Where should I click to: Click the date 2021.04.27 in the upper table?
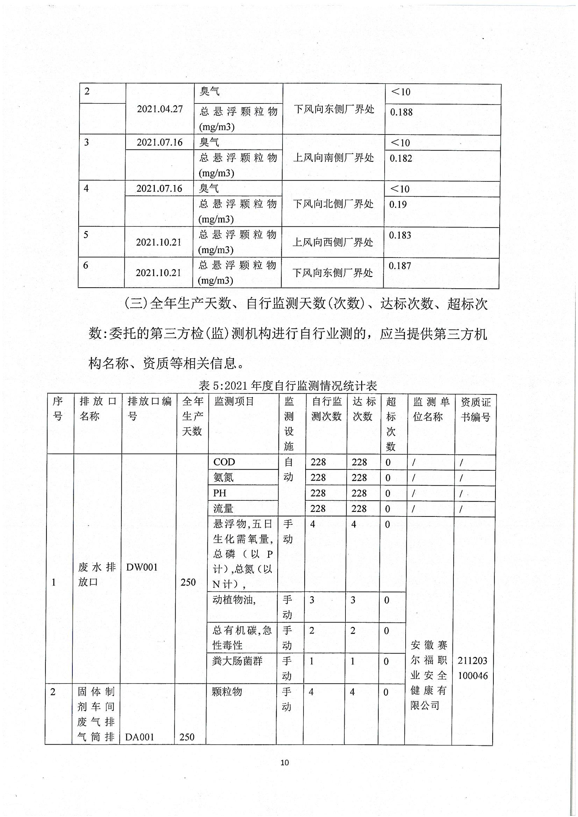point(159,109)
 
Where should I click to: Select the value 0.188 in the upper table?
point(401,112)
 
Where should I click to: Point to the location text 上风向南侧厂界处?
point(333,158)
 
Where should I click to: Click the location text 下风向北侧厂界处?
point(333,204)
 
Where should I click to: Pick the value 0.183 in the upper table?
point(400,235)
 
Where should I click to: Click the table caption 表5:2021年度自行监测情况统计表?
point(288,385)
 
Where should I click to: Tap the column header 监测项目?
point(234,402)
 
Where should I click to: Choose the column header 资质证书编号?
point(476,409)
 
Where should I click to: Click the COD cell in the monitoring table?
point(224,462)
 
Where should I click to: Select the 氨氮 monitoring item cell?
point(223,478)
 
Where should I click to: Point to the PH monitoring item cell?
point(220,493)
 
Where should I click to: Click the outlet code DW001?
point(142,567)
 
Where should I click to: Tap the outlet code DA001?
point(140,737)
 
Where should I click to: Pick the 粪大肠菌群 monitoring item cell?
point(237,661)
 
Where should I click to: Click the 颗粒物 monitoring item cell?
point(227,692)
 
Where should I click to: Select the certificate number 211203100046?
point(473,668)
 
